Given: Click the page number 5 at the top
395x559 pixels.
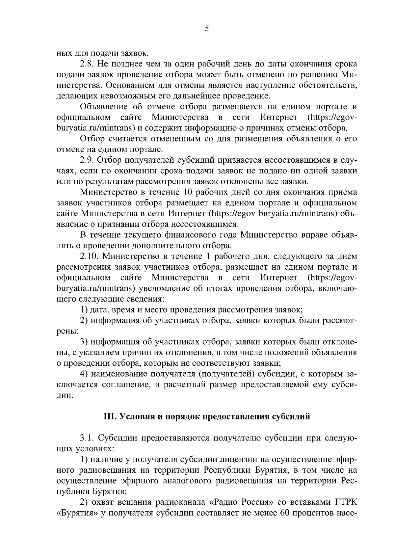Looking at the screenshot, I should pyautogui.click(x=206, y=29).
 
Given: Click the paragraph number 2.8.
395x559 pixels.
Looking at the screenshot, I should pyautogui.click(x=87, y=64).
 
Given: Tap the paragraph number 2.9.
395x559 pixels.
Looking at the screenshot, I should pyautogui.click(x=87, y=160).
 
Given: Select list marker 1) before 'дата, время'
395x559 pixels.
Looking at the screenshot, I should pyautogui.click(x=84, y=310).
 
